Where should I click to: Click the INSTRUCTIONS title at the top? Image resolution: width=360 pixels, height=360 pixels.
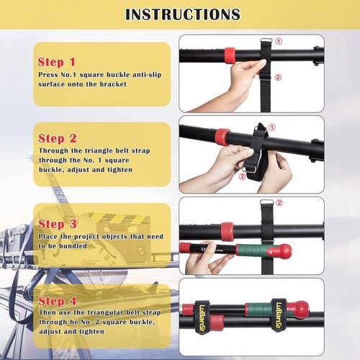(x=183, y=14)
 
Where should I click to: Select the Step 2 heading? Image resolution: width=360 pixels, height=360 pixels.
(x=58, y=138)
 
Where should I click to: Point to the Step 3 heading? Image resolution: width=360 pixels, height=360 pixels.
(x=58, y=224)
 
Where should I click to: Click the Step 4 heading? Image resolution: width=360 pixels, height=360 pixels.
(x=58, y=301)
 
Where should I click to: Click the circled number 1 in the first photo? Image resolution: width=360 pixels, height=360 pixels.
(x=279, y=42)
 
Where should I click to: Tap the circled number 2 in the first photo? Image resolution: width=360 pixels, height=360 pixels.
(x=279, y=77)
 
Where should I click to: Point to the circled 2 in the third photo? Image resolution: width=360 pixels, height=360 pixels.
(x=279, y=203)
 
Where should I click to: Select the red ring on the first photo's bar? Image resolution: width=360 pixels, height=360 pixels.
(x=230, y=54)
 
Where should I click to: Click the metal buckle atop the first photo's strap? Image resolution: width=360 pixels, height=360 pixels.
(x=264, y=41)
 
